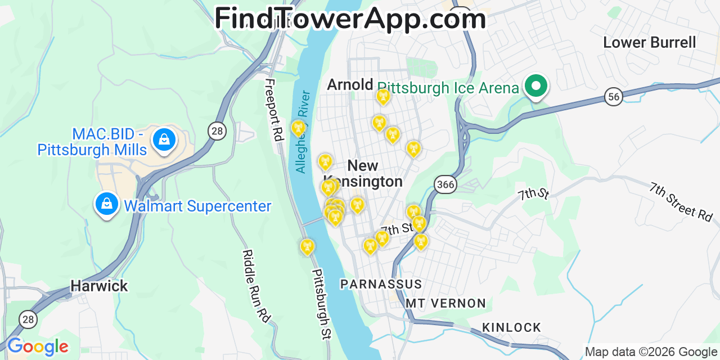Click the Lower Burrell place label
[x=649, y=42]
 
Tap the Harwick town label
[x=99, y=286]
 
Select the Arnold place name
[x=350, y=85]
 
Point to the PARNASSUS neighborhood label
[x=381, y=284]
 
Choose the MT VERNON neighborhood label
[x=445, y=303]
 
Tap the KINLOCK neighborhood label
[x=511, y=327]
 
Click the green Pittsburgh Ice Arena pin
[x=536, y=86]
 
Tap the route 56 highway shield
[x=614, y=96]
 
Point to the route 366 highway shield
[x=445, y=184]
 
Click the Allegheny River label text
[x=301, y=132]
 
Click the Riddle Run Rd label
[x=255, y=286]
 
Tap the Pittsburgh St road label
[x=322, y=304]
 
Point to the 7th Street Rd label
[x=681, y=201]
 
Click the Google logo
[x=38, y=346]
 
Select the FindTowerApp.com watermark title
[x=350, y=19]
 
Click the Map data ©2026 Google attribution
[x=651, y=352]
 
